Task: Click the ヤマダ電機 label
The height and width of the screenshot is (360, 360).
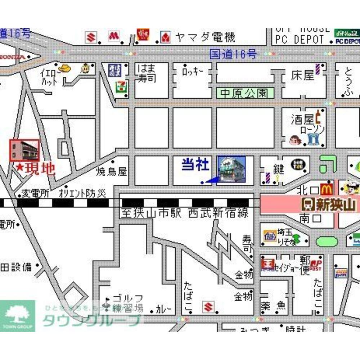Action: coord(205,37)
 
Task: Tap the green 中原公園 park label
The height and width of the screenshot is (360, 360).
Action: coord(244,94)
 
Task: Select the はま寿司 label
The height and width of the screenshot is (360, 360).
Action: coord(146,73)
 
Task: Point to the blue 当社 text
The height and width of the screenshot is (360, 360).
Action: coord(195,165)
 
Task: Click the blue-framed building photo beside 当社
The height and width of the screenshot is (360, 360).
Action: coord(232,170)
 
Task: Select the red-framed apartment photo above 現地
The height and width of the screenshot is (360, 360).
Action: coord(24,150)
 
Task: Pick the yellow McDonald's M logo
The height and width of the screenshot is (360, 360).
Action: coord(326,188)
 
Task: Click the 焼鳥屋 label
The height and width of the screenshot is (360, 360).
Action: coord(112,172)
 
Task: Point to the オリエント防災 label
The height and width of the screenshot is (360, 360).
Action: coord(82,193)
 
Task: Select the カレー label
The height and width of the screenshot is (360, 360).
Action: coord(163,309)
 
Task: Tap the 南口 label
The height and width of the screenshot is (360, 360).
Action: coord(308,219)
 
